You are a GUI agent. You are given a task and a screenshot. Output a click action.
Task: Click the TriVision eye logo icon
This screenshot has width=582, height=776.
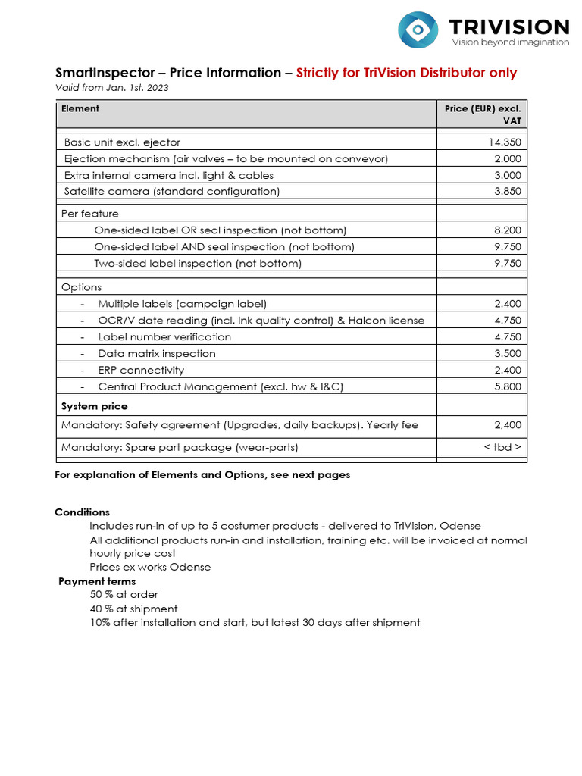point(418,30)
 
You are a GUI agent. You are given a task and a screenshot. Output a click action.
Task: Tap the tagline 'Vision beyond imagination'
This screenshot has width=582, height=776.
point(510,42)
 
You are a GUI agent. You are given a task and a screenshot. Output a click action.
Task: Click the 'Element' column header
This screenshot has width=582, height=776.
point(80,108)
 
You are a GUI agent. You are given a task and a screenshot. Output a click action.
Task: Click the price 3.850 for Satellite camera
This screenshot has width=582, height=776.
point(507,192)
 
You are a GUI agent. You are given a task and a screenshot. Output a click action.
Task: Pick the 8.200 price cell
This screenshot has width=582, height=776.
point(507,230)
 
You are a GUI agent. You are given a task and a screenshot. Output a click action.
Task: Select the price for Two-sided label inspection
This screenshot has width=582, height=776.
point(507,264)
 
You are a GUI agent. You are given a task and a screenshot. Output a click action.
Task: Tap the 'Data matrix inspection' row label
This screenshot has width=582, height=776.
point(157,354)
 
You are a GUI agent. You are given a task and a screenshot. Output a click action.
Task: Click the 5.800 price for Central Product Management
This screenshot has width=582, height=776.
point(507,387)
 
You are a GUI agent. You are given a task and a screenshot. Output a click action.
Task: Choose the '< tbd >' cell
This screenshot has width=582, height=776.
point(502,448)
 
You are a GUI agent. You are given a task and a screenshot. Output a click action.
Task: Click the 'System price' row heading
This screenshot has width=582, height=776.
point(94,407)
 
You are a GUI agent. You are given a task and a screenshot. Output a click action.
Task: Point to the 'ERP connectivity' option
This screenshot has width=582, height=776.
point(141,371)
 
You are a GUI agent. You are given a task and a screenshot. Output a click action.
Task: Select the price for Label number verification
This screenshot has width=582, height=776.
point(507,337)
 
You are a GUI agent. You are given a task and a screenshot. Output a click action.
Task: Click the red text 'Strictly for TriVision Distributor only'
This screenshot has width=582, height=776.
point(406,74)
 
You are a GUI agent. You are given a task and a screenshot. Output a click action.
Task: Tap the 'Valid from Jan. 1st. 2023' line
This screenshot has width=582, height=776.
point(112,88)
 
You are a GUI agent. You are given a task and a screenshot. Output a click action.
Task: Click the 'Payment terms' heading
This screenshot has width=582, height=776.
point(97,582)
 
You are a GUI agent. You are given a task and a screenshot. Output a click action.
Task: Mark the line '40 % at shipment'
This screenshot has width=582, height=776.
point(133,609)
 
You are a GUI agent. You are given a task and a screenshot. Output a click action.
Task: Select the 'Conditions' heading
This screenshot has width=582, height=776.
point(82,512)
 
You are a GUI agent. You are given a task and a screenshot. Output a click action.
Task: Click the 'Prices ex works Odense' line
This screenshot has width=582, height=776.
point(150,568)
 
